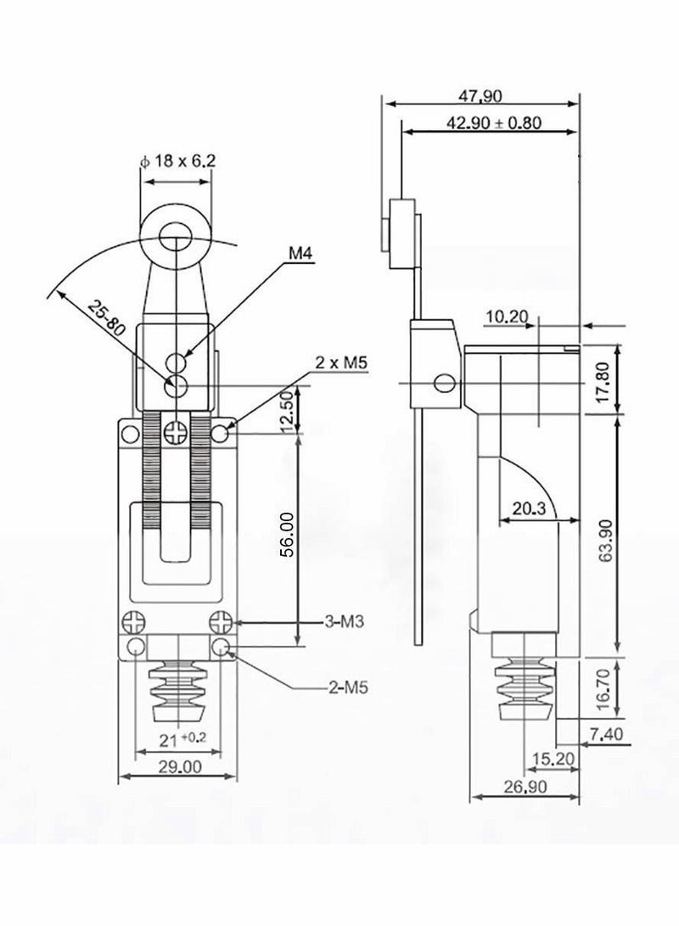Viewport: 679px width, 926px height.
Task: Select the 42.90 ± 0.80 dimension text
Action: [x=494, y=121]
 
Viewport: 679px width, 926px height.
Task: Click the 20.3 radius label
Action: [x=529, y=508]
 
